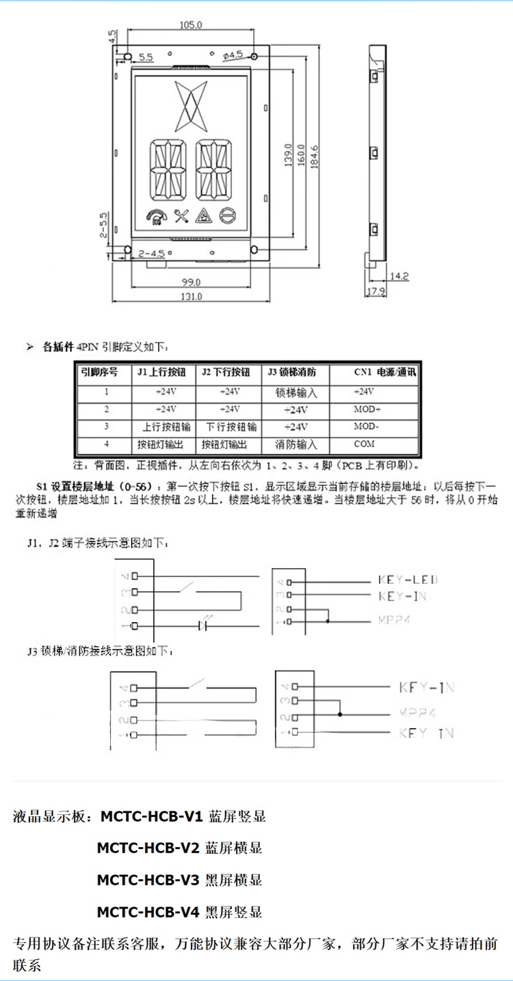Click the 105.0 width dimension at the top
191,26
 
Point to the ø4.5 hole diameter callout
232,55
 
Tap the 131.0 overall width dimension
192,297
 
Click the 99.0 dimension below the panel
191,282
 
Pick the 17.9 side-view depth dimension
376,292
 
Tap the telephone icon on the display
155,217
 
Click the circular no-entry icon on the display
228,217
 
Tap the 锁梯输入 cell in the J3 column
295,393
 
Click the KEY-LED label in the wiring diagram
408,580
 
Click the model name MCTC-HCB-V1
151,816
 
